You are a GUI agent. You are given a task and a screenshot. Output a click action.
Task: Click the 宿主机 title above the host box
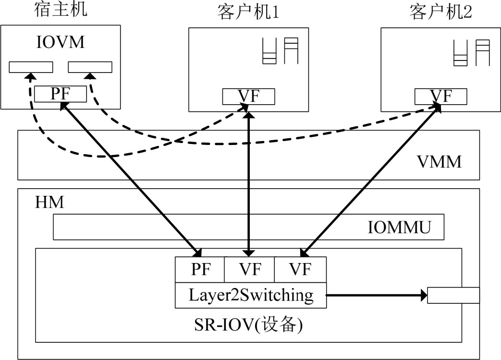click(61, 11)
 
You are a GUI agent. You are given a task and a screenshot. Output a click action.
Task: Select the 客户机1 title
click(248, 13)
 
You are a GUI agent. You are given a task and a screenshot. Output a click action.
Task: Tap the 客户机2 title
click(440, 13)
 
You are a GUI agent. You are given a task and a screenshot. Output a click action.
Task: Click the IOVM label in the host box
click(61, 42)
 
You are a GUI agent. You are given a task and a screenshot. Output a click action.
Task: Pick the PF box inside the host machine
click(61, 94)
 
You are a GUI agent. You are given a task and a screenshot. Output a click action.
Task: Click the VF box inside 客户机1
click(248, 96)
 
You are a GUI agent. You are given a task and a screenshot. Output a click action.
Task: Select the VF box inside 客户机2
click(440, 96)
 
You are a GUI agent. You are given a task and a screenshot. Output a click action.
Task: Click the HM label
click(49, 203)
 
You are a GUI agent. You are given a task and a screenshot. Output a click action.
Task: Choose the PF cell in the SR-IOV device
click(200, 269)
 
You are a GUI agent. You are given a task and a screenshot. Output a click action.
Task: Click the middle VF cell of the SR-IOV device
click(249, 269)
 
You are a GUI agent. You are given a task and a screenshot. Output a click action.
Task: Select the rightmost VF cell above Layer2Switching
click(300, 269)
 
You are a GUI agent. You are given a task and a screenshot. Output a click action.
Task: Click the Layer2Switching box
click(251, 295)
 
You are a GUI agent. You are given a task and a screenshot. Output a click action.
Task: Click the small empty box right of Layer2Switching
click(453, 295)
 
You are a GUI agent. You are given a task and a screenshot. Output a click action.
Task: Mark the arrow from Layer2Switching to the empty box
click(377, 295)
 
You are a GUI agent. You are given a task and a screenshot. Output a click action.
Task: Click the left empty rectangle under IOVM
click(31, 67)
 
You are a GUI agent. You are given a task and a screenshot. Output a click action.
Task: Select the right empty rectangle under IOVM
click(90, 67)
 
